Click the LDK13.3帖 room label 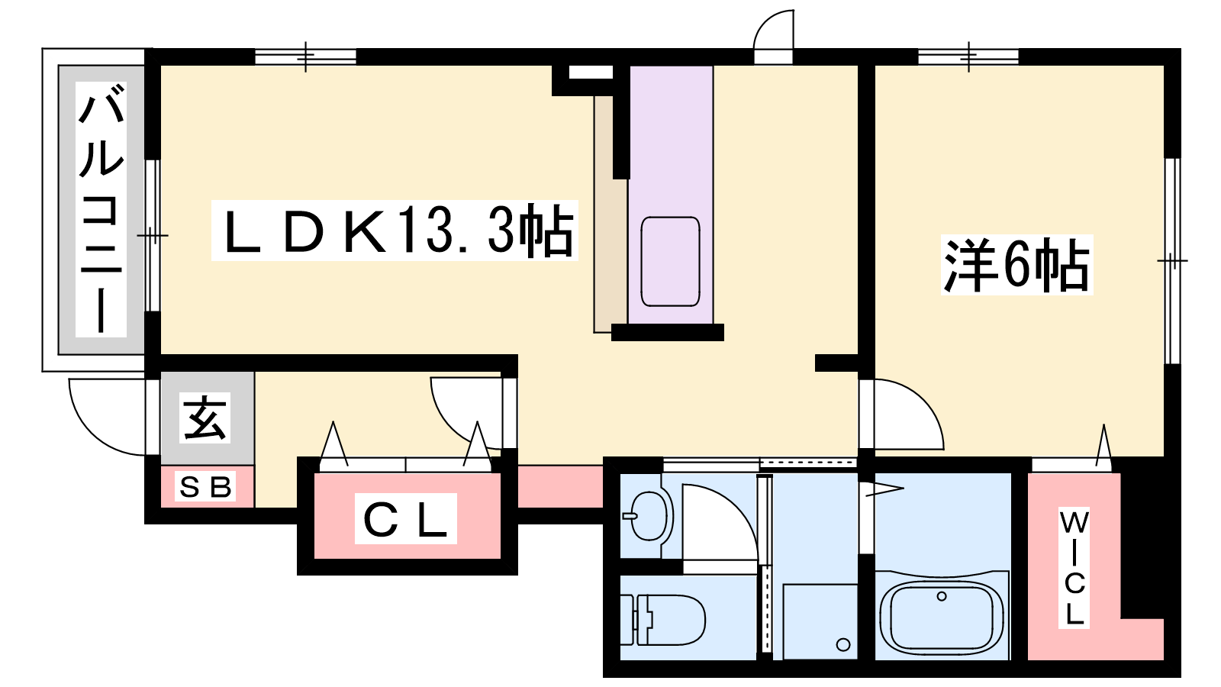tap(395, 231)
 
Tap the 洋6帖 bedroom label tap(1017, 265)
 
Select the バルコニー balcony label tap(101, 209)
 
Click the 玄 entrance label tap(205, 418)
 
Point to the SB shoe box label tap(205, 486)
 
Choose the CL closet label tap(405, 518)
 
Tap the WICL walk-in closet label tap(1074, 568)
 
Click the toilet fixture tap(663, 619)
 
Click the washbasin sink tap(649, 516)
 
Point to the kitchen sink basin tap(671, 262)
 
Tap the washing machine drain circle tap(843, 644)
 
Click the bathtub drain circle tap(942, 596)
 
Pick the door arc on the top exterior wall tap(766, 22)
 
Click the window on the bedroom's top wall tap(968, 56)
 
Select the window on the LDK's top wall tap(306, 56)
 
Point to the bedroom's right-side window tap(1172, 260)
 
